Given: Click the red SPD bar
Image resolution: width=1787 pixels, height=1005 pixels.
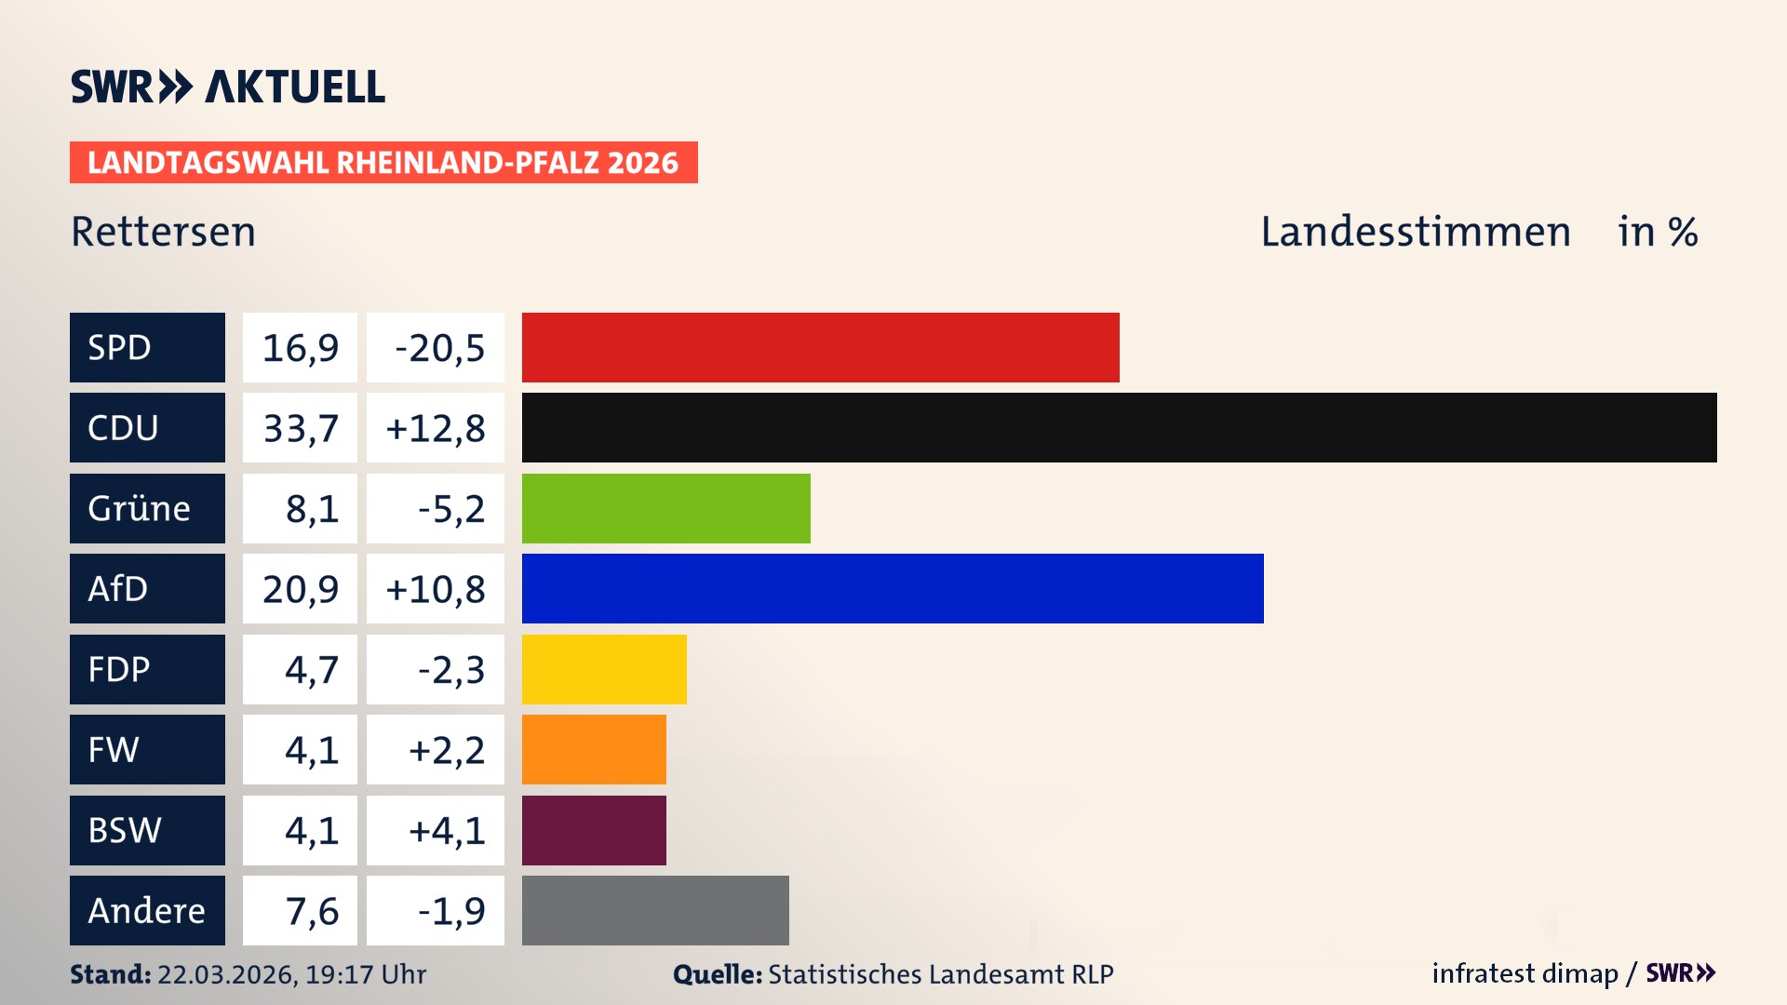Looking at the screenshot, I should (820, 347).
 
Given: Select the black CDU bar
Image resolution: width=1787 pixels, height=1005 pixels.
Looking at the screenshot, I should (1119, 427).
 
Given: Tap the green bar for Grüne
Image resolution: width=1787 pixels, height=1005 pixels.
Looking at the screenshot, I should (665, 508).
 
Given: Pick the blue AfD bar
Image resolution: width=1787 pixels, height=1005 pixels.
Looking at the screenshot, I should (893, 588).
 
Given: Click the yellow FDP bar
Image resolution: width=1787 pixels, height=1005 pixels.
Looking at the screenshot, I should (604, 669).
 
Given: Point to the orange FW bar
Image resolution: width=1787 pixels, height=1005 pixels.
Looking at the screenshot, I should (594, 749).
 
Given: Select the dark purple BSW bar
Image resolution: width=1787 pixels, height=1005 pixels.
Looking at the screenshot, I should (594, 830).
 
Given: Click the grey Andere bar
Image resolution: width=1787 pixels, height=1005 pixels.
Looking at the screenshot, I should (655, 910).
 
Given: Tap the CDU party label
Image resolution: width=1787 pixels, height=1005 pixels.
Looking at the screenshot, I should (147, 427).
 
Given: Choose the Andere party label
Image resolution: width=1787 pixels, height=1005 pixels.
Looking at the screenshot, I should (147, 910).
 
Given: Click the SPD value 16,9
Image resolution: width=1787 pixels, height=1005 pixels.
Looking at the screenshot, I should (300, 347).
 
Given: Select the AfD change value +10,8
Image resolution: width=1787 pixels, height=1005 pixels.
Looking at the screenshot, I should (435, 588).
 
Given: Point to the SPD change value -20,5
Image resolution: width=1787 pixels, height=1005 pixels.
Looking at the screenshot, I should (435, 347).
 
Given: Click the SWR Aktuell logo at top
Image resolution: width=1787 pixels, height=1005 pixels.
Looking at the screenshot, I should (228, 87).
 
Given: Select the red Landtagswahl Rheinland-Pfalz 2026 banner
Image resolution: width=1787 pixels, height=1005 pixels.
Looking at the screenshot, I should (383, 162).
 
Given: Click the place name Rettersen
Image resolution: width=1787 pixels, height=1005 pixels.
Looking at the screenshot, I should (163, 232).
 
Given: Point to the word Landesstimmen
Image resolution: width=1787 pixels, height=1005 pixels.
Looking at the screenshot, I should (1415, 232).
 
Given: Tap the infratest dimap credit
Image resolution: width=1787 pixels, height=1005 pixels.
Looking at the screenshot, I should (1525, 973).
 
